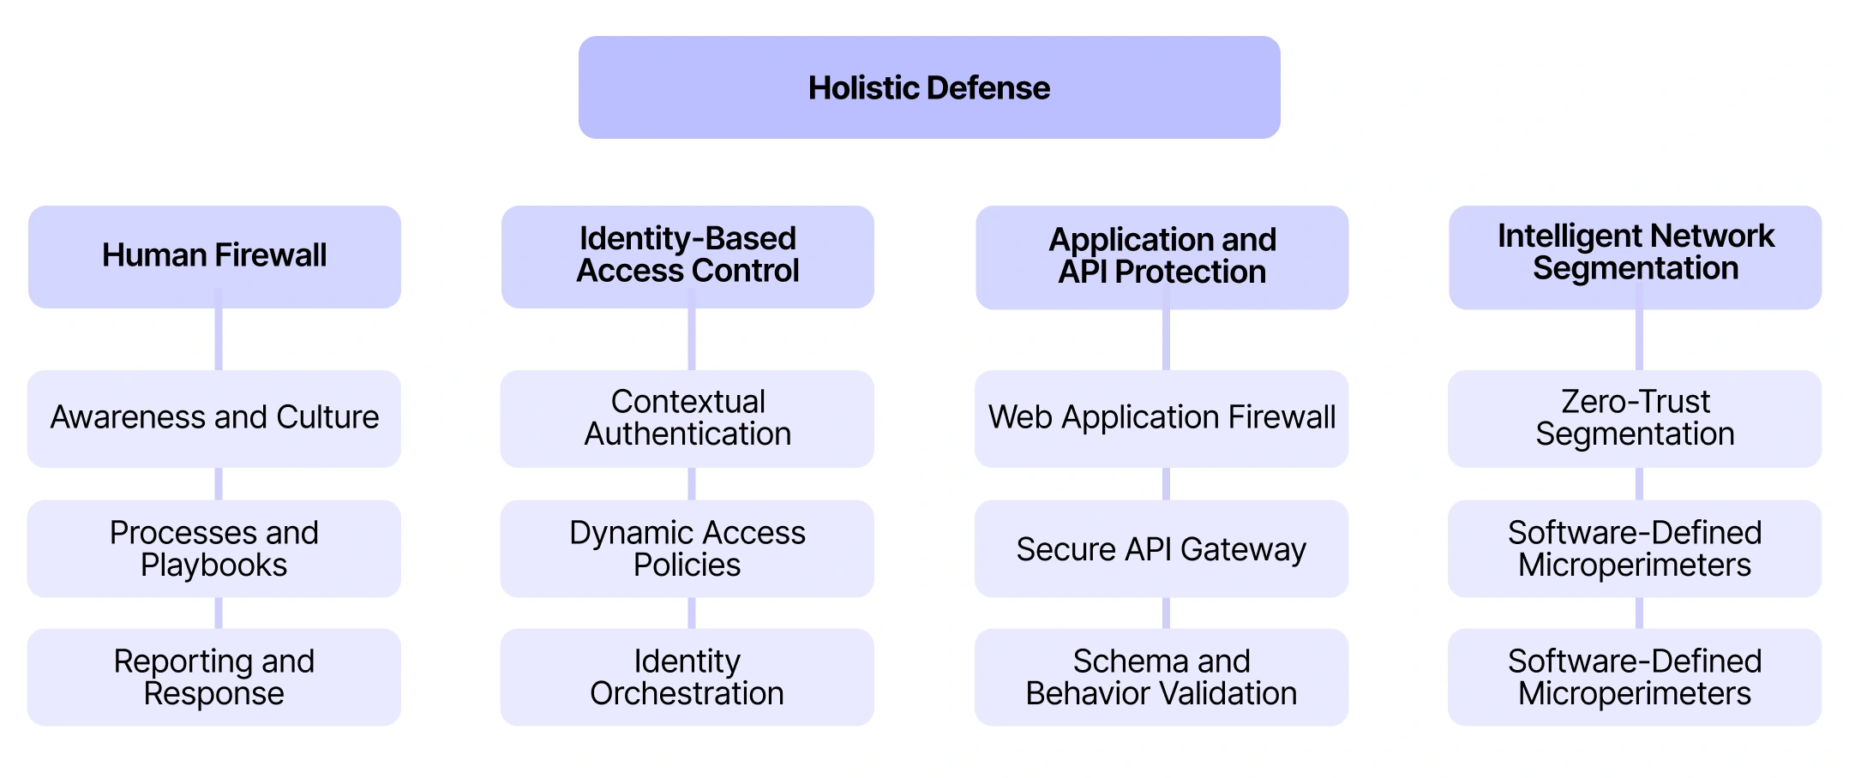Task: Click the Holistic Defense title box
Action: coord(929,87)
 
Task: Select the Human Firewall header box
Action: coord(214,255)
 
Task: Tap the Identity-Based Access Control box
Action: coord(687,255)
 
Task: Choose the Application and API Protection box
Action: coord(1162,256)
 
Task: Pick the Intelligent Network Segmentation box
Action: coord(1635,255)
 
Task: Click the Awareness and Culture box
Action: coord(214,418)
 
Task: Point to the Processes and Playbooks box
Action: coord(214,548)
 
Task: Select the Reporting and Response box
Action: coord(214,677)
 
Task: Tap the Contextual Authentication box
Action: coord(687,418)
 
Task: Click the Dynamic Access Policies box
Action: coord(687,548)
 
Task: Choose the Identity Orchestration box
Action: coord(687,677)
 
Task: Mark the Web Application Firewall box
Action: coord(1162,418)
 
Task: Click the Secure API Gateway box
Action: coord(1162,548)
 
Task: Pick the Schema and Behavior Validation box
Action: coord(1162,677)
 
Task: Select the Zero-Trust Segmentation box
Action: coord(1635,418)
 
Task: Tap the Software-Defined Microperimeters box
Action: coord(1635,548)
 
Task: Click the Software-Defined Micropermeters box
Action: coord(1635,677)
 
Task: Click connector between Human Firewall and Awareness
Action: coord(219,339)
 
